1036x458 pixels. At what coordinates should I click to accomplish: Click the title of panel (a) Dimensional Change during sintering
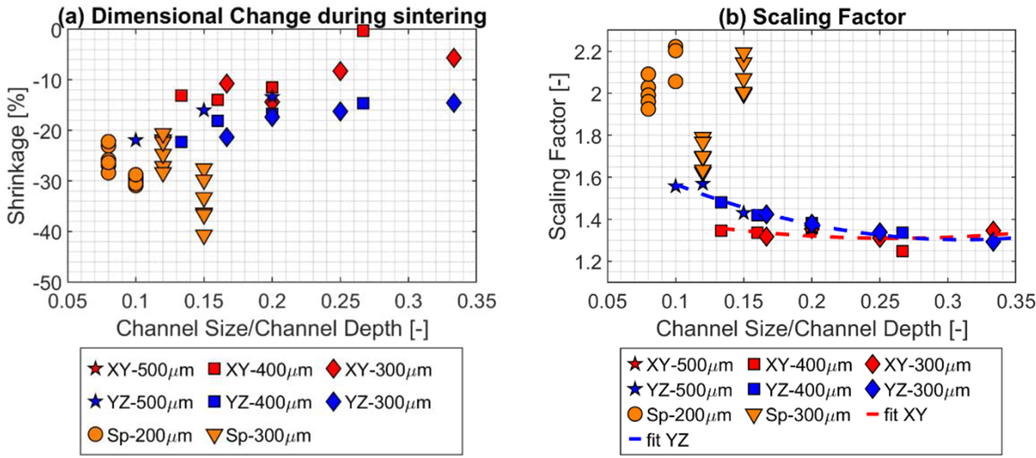247,12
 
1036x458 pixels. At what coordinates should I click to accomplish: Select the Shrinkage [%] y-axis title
16,156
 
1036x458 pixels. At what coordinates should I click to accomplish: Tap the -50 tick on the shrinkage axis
51,282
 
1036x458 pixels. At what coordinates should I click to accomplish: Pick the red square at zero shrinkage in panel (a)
363,30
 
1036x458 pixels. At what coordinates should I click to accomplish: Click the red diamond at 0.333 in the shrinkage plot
454,58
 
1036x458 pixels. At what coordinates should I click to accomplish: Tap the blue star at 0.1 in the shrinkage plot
136,140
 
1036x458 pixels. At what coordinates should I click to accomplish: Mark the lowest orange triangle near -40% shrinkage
204,236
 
